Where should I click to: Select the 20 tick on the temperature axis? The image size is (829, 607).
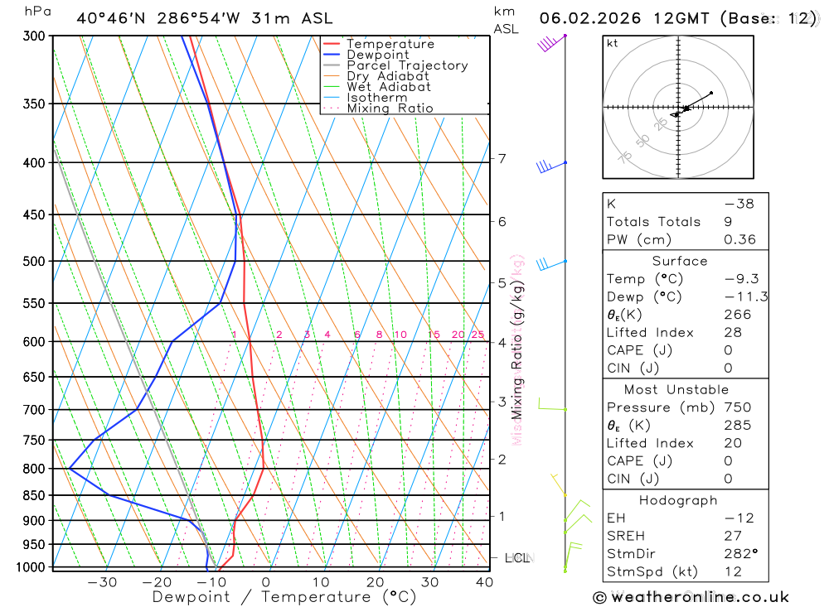coord(376,582)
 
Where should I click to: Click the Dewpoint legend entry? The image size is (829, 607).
coord(378,55)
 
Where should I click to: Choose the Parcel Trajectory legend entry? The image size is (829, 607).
coord(407,65)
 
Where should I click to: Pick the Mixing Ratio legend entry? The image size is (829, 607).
coord(390,108)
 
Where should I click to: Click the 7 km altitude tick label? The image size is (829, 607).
coord(502,159)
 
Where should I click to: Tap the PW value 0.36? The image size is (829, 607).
coord(739,239)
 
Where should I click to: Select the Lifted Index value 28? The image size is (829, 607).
coord(732,333)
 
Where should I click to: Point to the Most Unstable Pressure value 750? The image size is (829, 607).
coord(737,407)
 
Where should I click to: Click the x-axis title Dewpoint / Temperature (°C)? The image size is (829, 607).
coord(284,597)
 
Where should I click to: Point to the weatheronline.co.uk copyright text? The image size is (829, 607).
coord(691,597)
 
